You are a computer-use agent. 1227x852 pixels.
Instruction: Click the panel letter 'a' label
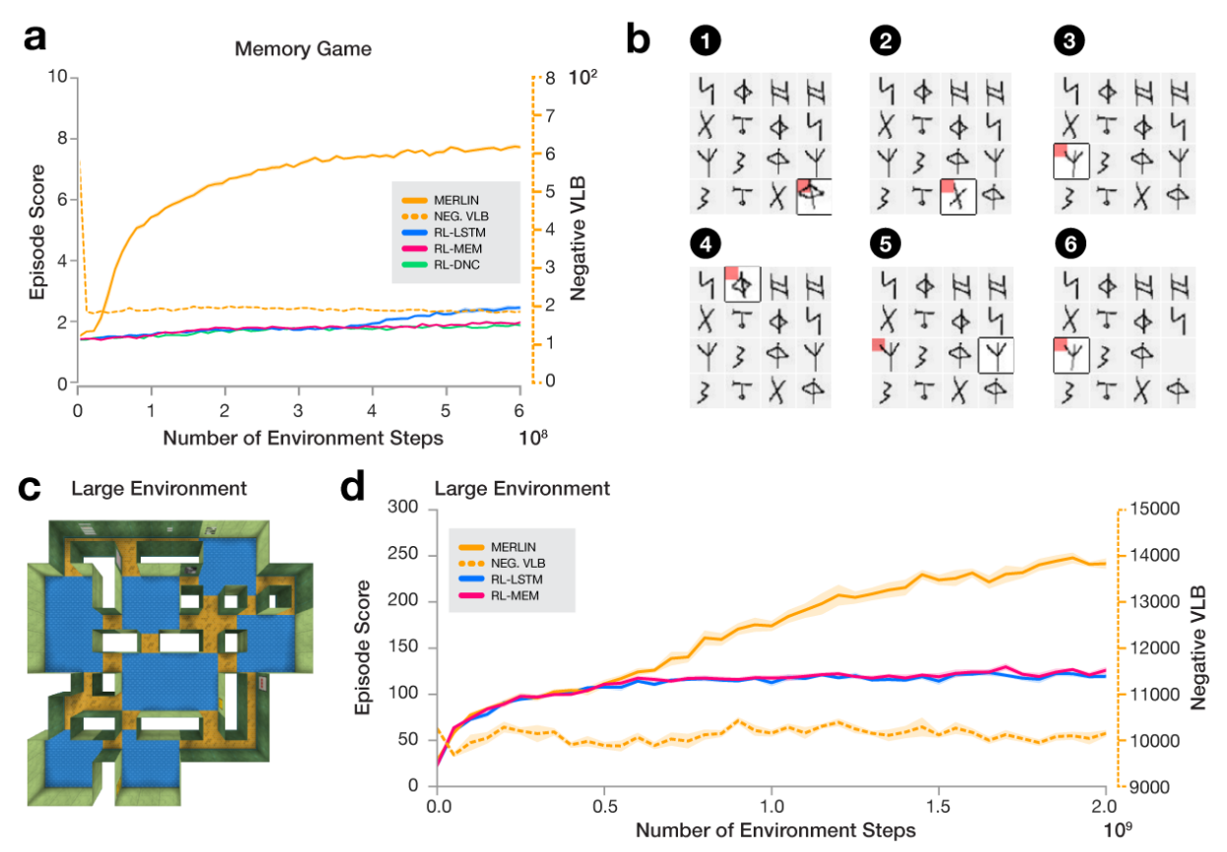[35, 38]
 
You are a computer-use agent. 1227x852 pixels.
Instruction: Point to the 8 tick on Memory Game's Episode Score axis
[61, 139]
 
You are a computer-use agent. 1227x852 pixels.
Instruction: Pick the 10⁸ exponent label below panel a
[532, 433]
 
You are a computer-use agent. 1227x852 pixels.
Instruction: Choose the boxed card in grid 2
[957, 197]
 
